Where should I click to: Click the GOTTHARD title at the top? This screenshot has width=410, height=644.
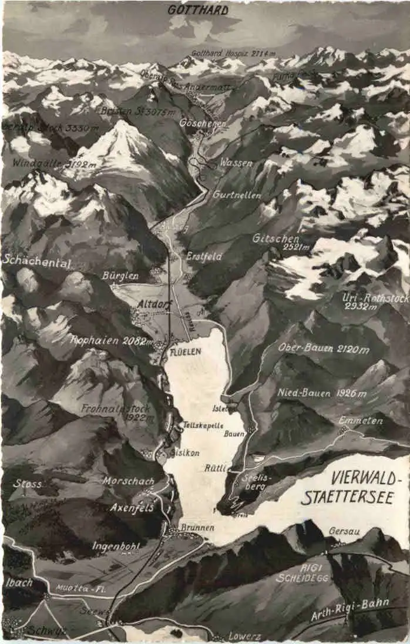198,10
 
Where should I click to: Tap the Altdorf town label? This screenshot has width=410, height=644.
154,304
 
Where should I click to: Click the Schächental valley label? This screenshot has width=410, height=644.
37,262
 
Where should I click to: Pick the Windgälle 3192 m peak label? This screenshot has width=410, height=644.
54,164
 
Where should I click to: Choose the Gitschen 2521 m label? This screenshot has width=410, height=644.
276,241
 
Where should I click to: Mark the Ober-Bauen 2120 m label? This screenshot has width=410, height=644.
324,348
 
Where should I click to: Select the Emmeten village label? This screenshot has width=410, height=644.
360,421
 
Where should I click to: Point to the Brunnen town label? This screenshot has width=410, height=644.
197,528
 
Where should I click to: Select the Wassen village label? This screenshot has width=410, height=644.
236,163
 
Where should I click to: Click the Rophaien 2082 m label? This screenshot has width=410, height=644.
112,340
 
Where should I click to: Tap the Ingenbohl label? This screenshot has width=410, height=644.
116,546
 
